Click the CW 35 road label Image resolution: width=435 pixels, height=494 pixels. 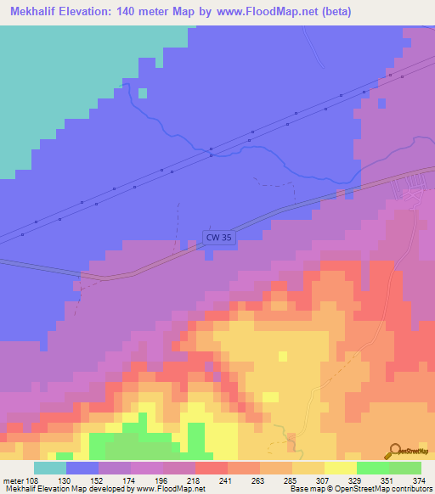click(x=217, y=239)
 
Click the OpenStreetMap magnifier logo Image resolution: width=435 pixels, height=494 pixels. click(x=396, y=451)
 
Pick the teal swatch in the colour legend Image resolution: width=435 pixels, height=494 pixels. click(x=50, y=468)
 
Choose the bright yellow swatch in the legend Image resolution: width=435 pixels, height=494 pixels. click(x=340, y=468)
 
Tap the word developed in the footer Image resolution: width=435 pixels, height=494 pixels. click(x=105, y=488)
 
